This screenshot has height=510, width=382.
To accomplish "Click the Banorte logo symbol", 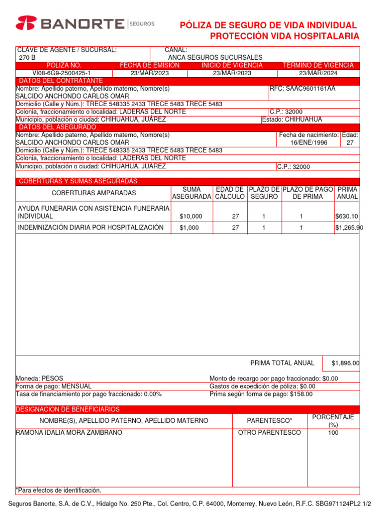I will [26, 23].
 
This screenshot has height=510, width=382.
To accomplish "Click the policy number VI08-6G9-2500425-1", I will [62, 73].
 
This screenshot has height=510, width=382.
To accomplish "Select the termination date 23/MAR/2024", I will [318, 73].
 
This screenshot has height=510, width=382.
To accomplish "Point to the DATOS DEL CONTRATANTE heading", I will [61, 81].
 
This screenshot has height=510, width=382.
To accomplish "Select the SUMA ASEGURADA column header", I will [191, 193].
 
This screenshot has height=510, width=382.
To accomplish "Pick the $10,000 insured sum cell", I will [191, 216].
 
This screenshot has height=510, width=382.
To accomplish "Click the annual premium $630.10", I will [347, 216].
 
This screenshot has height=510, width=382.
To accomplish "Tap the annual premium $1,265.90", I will [349, 228].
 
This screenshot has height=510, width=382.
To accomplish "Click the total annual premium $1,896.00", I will [345, 364].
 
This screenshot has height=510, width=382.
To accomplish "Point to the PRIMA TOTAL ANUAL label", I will [282, 363].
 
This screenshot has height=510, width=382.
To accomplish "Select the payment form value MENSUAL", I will [76, 386].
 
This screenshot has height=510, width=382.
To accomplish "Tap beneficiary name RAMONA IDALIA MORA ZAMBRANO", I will [69, 432].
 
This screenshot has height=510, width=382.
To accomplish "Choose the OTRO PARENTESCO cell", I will [270, 432].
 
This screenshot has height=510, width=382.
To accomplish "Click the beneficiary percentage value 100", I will [333, 433].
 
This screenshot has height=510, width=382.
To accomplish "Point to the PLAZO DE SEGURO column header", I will [264, 193].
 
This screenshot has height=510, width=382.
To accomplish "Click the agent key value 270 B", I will [27, 58].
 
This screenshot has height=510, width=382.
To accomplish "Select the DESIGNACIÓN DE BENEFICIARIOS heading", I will [68, 409].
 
